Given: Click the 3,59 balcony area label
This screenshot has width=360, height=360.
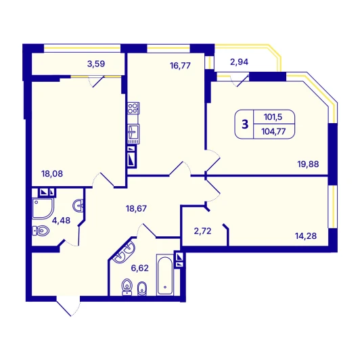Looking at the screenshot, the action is point(96,64).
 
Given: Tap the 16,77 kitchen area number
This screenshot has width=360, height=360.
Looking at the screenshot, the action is point(180,66).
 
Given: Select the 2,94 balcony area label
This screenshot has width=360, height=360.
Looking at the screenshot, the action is point(240,62).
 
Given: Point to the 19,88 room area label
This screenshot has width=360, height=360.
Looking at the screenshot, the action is point(308,164).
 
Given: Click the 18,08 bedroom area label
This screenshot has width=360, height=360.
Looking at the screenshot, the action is point(52,174).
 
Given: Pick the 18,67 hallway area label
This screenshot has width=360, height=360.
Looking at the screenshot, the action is point(136,208).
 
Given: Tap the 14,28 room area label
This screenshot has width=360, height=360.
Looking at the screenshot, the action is point(306,235).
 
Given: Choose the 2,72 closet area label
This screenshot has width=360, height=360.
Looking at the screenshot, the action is point(202,231).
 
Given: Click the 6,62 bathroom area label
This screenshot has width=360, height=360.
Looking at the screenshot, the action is point(140,268).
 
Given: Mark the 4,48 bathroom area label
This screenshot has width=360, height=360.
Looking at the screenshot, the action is point(61,221).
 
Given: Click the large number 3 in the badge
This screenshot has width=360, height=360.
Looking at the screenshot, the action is point(245,125).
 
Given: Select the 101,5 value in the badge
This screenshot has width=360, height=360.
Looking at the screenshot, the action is point(273,117).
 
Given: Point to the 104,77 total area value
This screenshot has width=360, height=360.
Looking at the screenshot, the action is point(273,131).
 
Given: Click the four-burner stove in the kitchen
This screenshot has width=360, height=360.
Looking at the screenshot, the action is point(133,108).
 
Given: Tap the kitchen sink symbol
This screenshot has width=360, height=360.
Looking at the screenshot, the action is point(133,134).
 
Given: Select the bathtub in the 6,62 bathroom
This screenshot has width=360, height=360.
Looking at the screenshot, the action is point(165,275).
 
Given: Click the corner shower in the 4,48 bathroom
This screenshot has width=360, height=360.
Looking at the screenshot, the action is point(43,208).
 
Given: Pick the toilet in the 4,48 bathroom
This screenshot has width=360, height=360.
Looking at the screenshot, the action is point(41,231).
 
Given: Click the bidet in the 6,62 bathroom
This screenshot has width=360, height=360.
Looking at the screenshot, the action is point(142,288).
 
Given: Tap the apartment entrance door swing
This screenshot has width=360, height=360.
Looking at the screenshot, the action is point(69,307).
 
